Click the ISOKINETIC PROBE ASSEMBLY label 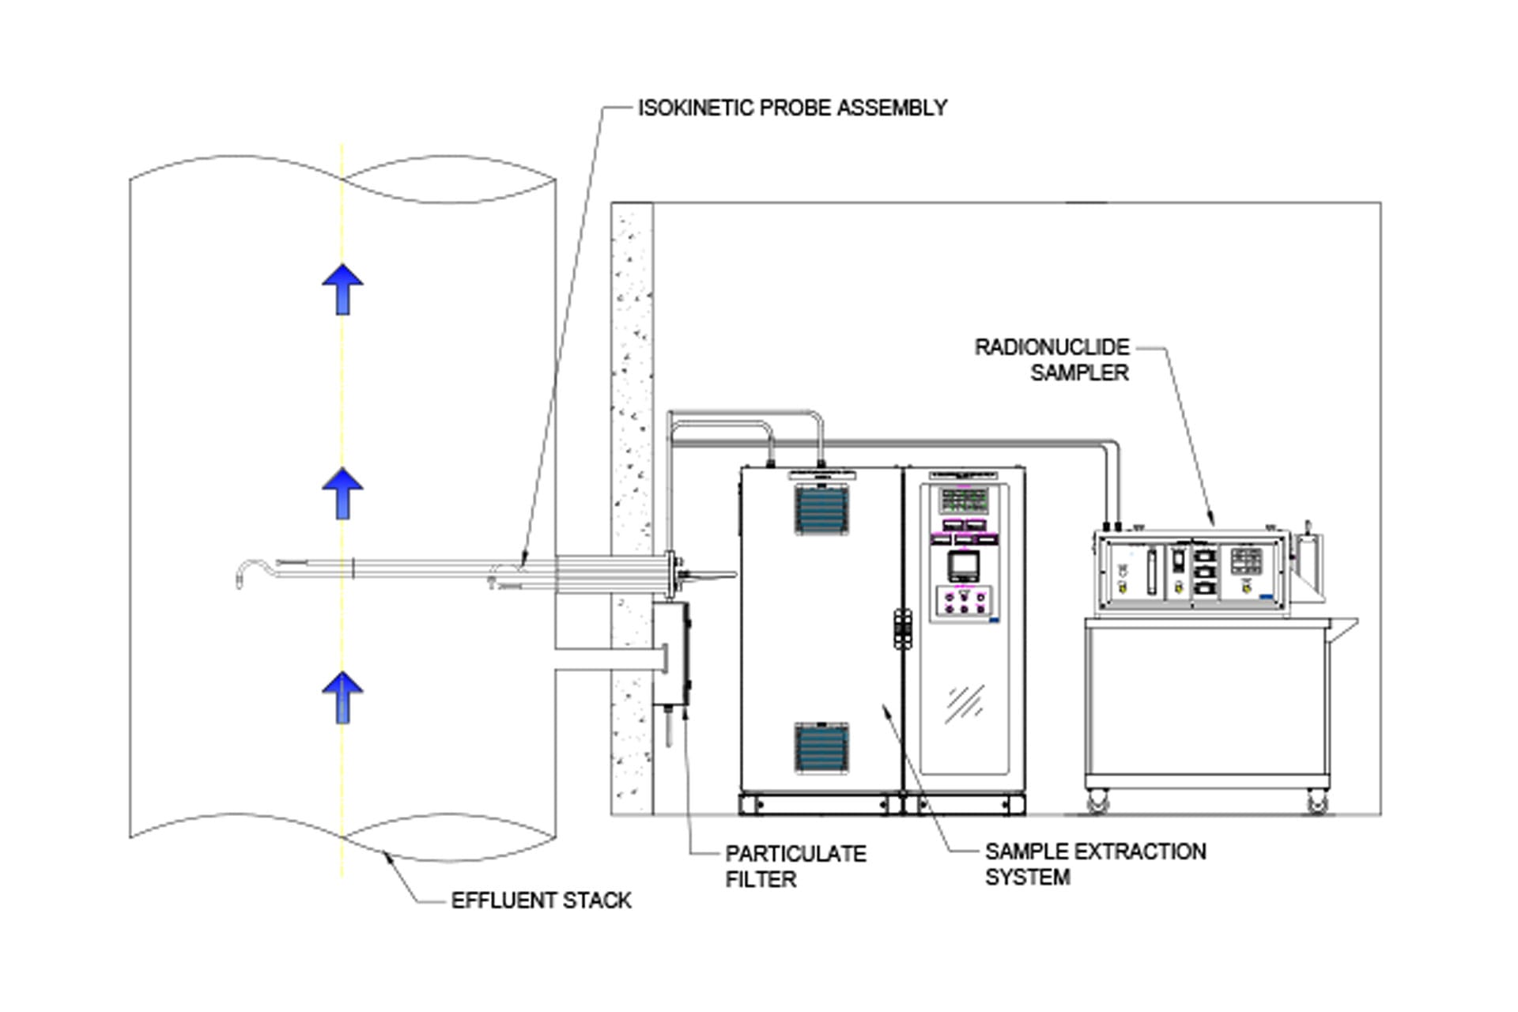click(x=792, y=108)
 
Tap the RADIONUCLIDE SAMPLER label click(x=1052, y=360)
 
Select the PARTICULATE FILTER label click(x=795, y=867)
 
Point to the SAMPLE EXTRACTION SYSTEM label click(x=1095, y=864)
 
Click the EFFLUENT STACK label click(x=541, y=901)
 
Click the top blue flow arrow click(x=342, y=289)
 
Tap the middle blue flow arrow click(x=342, y=493)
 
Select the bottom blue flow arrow click(x=342, y=697)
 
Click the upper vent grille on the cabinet click(x=821, y=510)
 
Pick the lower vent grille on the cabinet click(x=821, y=747)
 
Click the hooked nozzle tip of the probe click(x=245, y=573)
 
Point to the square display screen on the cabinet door click(x=963, y=565)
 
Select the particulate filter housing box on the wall click(x=671, y=653)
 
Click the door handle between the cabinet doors click(x=902, y=629)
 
